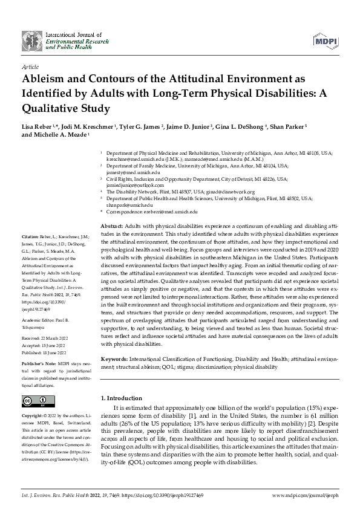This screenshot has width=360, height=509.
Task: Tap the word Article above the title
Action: click(x=30, y=66)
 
